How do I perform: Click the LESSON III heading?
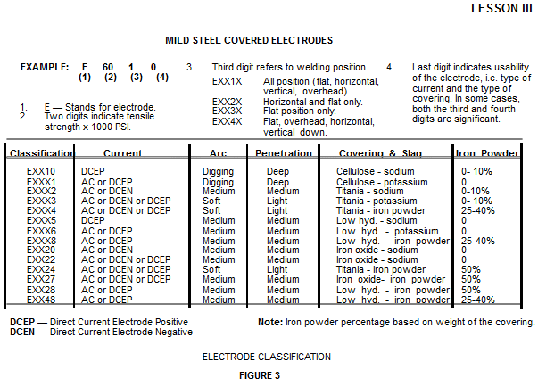pos(502,9)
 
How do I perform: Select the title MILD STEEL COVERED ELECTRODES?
pos(249,40)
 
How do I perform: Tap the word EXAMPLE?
pos(45,67)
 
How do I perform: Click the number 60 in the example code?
pos(109,67)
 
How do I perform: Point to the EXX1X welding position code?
pos(228,81)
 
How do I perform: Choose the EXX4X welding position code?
pos(228,121)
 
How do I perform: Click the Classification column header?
pos(42,153)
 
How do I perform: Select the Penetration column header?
pos(283,153)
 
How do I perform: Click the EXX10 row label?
pos(41,170)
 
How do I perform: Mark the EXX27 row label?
pos(41,279)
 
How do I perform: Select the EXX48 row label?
pos(41,300)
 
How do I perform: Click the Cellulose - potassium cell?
pos(379,181)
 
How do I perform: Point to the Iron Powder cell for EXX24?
pos(471,269)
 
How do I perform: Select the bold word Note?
pos(270,322)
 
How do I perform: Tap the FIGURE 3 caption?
pos(266,375)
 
